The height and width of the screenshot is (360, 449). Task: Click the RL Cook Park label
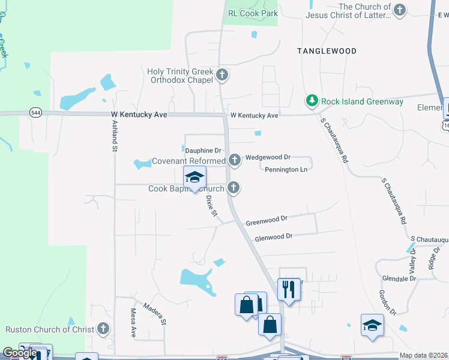(x=252, y=13)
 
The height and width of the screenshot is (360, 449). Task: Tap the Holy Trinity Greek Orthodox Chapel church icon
(x=222, y=76)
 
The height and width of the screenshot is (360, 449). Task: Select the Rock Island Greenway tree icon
(x=312, y=101)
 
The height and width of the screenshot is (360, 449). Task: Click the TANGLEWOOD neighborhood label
(x=327, y=52)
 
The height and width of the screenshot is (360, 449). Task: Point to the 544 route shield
(x=35, y=112)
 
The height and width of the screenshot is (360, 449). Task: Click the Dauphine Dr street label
(x=203, y=150)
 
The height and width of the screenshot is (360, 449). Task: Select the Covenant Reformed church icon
(x=234, y=160)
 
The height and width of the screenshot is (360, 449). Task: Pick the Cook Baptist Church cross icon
(x=234, y=188)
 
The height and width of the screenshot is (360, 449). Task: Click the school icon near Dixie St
(x=194, y=177)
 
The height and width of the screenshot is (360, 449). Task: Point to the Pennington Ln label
(x=286, y=170)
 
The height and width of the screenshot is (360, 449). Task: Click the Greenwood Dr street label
(x=267, y=219)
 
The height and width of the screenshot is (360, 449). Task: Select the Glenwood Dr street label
(x=273, y=237)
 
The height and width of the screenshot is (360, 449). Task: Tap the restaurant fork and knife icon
(x=289, y=290)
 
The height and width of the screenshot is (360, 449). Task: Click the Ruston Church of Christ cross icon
(x=103, y=329)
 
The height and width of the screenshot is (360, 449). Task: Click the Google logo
(x=20, y=353)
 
